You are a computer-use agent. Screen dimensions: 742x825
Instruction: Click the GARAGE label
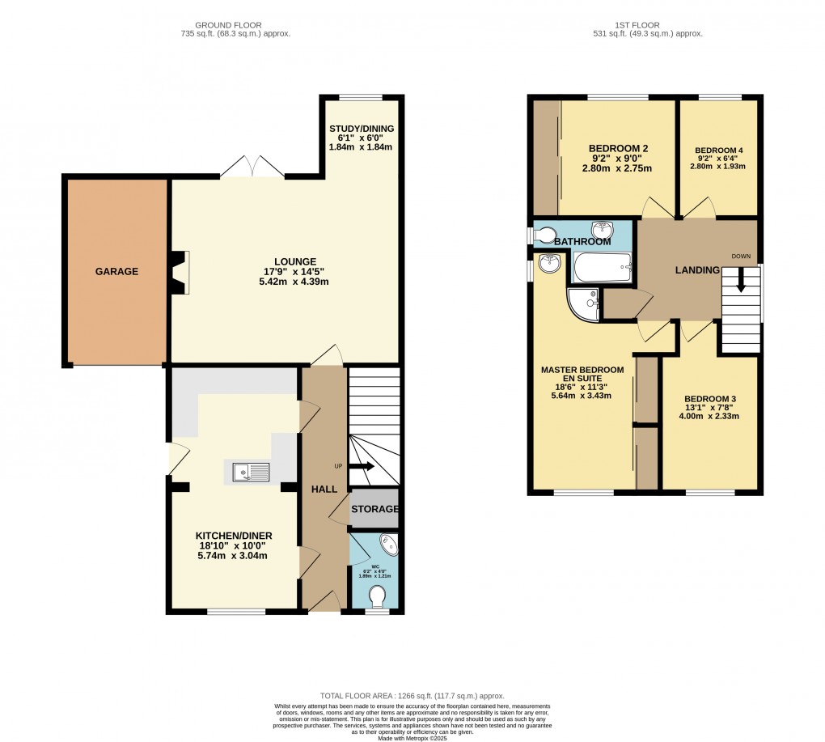point(118,272)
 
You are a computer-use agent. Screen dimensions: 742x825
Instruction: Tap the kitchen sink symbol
point(251,472)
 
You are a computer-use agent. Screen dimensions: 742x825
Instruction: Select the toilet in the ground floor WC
point(377,597)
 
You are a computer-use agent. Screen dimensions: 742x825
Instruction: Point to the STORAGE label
point(374,509)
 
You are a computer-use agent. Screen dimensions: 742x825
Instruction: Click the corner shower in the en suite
point(583,303)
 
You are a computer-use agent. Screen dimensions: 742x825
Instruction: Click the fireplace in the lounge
point(180,272)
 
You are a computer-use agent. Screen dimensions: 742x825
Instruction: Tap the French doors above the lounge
point(253,167)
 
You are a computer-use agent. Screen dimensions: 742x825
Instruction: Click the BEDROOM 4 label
point(718,151)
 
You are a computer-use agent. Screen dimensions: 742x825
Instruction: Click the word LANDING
point(697,269)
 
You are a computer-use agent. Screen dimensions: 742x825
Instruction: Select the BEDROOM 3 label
point(710,399)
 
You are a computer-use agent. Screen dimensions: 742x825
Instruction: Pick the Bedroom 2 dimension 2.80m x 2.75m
point(618,168)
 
